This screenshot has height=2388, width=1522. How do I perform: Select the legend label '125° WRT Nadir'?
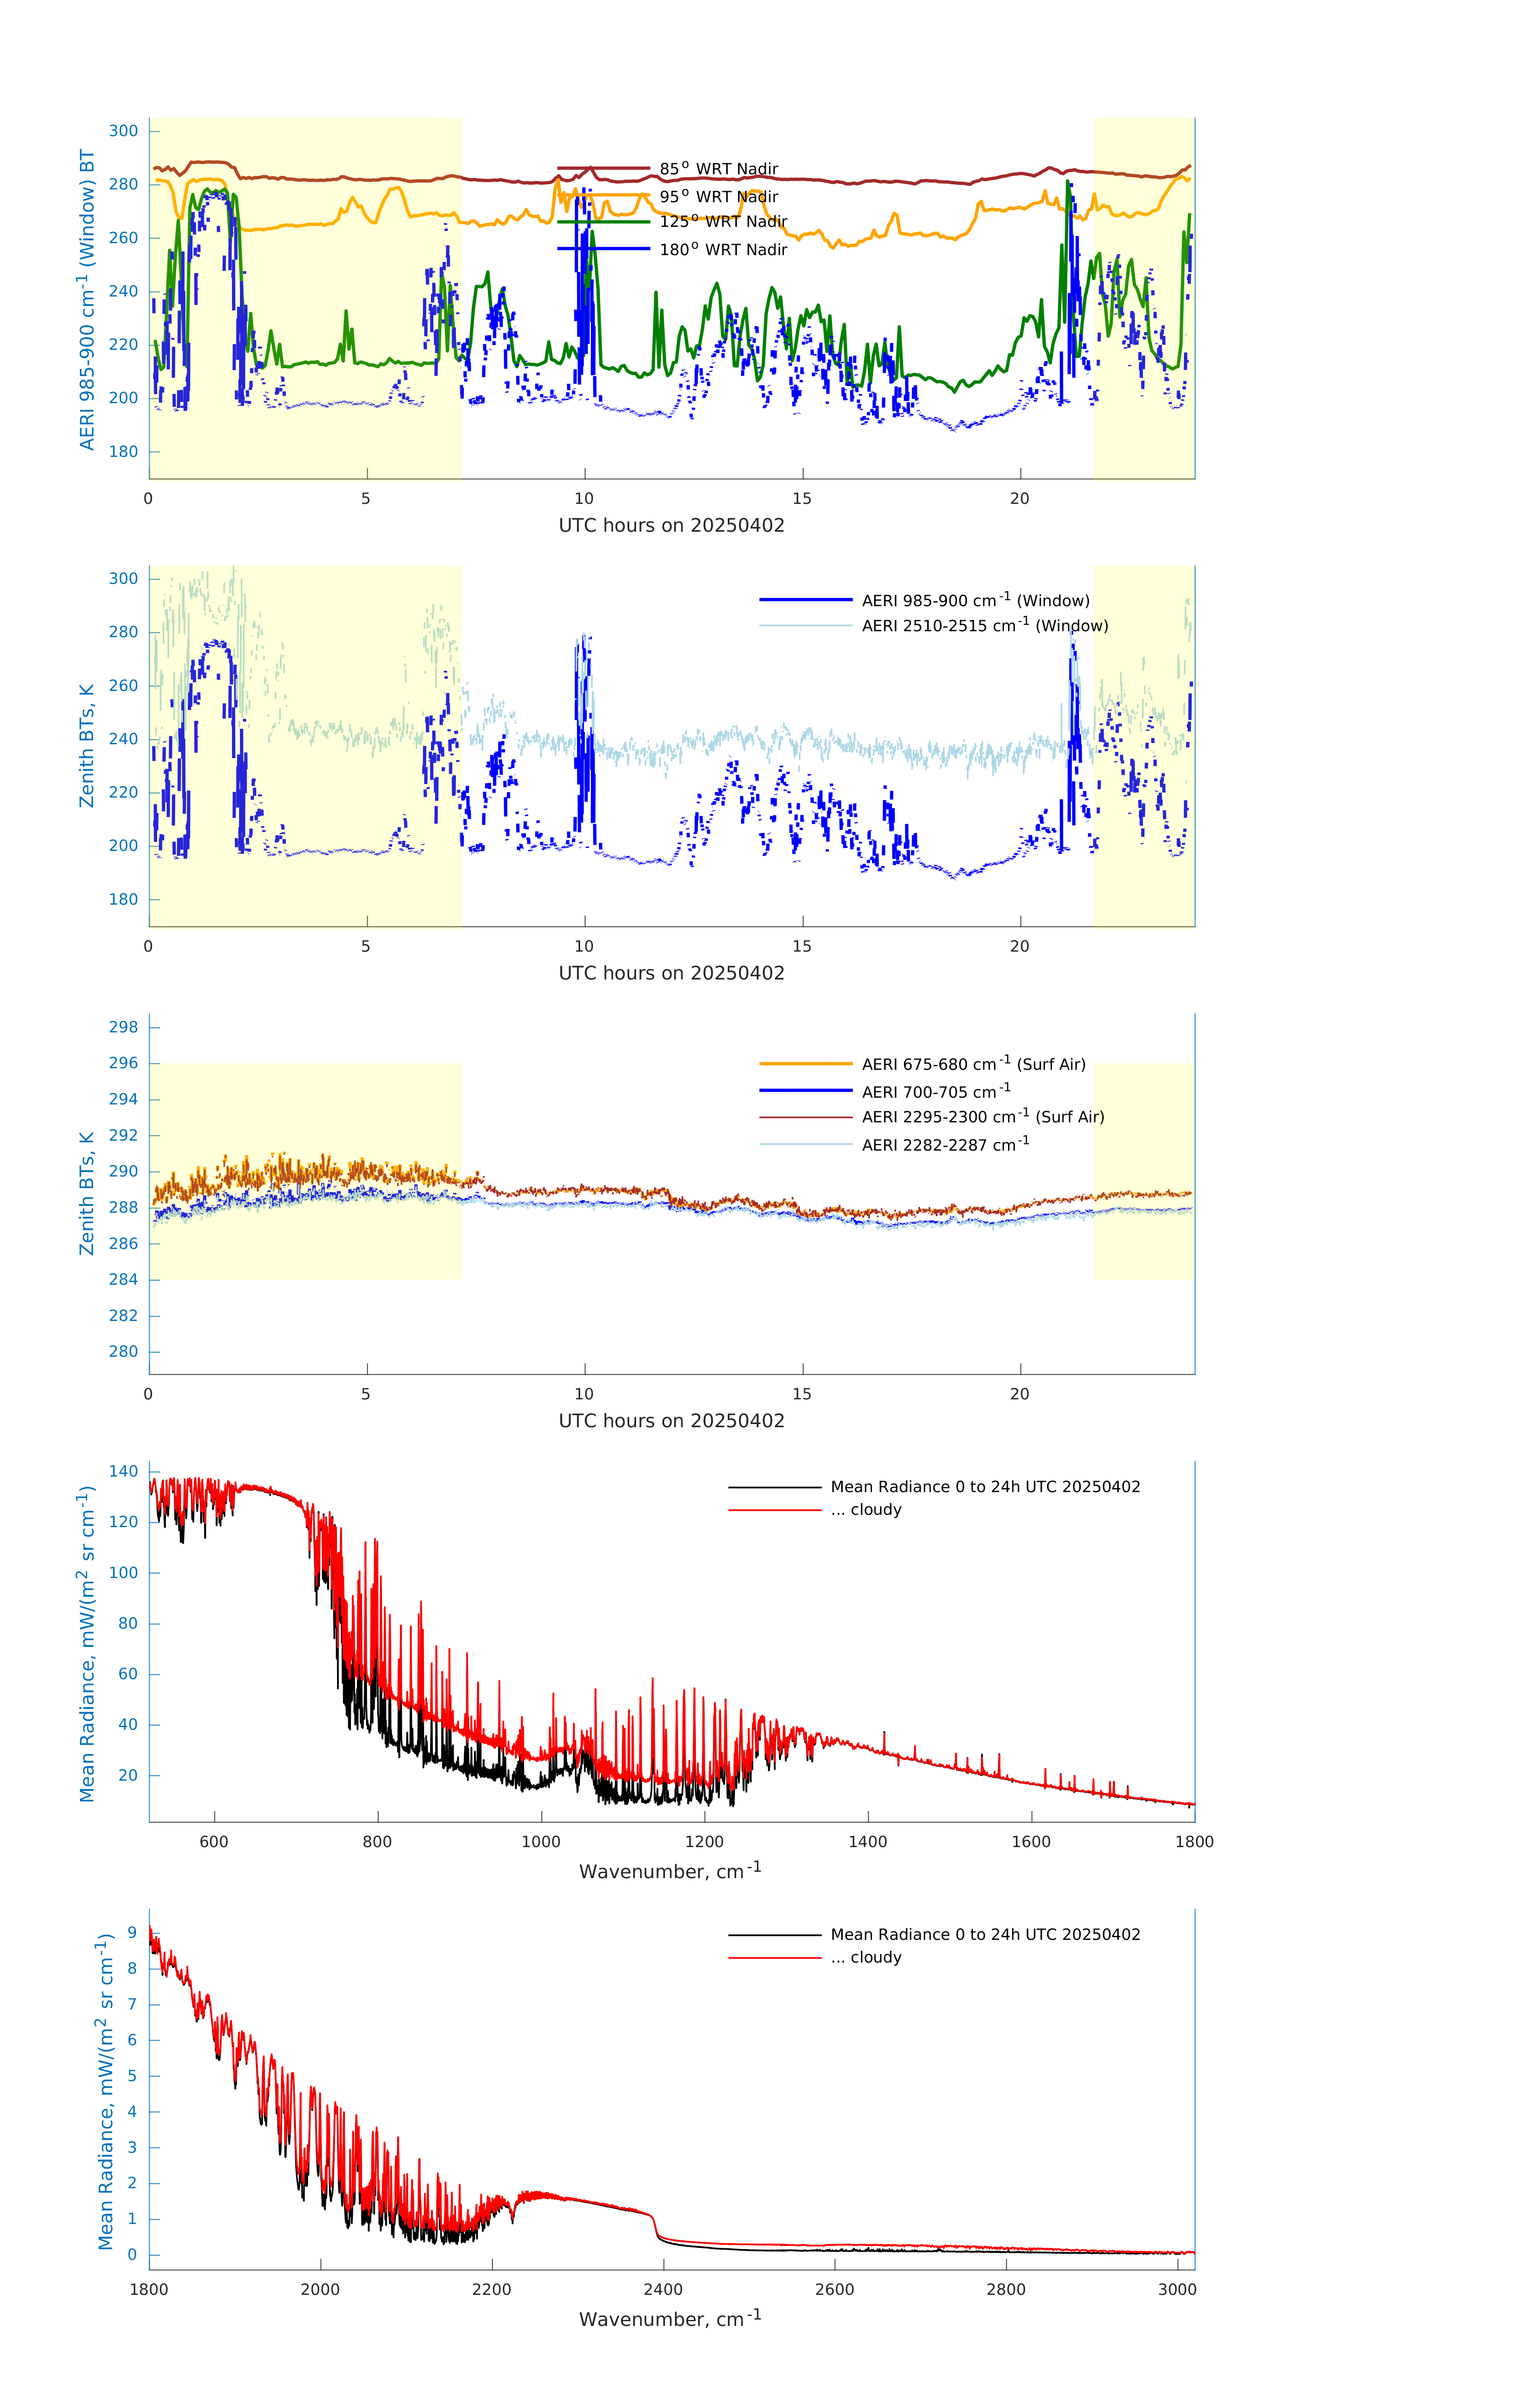pyautogui.click(x=723, y=221)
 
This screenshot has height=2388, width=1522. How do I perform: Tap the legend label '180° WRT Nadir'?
pyautogui.click(x=723, y=249)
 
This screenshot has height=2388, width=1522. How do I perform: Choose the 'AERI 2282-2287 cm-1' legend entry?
pyautogui.click(x=945, y=1144)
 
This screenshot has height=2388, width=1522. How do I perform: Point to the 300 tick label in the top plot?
pyautogui.click(x=124, y=131)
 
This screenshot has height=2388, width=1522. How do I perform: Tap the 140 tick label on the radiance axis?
pyautogui.click(x=124, y=1472)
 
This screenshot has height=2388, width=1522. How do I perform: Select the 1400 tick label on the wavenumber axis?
pyautogui.click(x=867, y=1842)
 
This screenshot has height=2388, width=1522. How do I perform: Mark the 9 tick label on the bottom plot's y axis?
pyautogui.click(x=132, y=1933)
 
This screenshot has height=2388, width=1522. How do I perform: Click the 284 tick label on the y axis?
pyautogui.click(x=124, y=1279)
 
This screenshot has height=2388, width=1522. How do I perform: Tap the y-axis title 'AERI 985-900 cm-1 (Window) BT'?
pyautogui.click(x=87, y=299)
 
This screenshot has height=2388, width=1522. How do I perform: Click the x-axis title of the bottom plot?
pyautogui.click(x=670, y=2319)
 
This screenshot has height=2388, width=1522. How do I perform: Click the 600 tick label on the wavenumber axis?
pyautogui.click(x=214, y=1842)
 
